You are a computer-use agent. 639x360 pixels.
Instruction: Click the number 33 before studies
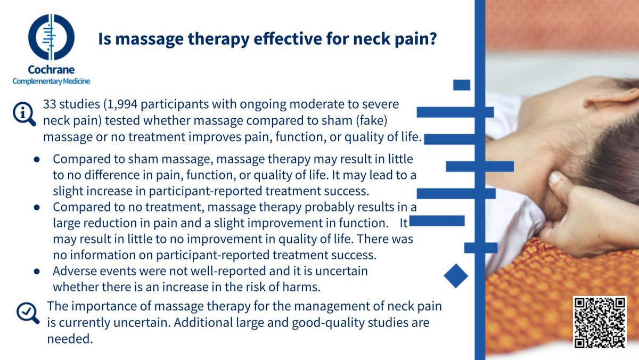click(x=50, y=104)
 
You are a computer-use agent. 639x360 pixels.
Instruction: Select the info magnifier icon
click(x=24, y=113)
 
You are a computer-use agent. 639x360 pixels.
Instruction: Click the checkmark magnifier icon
click(x=27, y=313)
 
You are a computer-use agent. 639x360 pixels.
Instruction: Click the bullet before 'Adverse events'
click(x=37, y=271)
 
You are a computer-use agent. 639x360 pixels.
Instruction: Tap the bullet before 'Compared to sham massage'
click(x=37, y=159)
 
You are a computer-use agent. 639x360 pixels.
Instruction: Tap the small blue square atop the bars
click(x=462, y=85)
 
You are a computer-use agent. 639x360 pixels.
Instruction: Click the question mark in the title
click(x=432, y=39)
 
